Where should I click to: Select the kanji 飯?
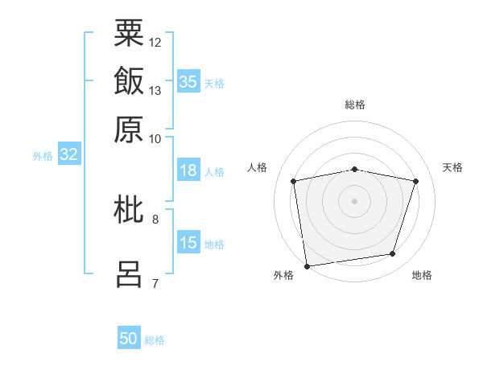point(129,81)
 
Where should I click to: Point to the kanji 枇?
point(129,210)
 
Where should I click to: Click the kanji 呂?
point(129,273)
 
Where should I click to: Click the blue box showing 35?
point(188,81)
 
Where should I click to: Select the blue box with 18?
point(188,171)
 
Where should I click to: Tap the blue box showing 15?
point(188,244)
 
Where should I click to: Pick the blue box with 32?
point(68,155)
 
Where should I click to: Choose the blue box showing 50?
point(129,339)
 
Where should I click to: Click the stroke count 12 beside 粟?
point(155,42)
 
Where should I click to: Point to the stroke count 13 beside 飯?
point(155,90)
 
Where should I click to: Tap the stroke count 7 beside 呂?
point(155,283)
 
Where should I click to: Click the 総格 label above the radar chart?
point(355,105)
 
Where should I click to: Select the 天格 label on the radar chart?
point(453,167)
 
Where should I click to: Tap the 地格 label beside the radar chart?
point(422,275)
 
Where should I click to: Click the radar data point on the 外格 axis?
point(307,265)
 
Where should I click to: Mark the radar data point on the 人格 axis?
point(294,181)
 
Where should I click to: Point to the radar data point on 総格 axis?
point(355,169)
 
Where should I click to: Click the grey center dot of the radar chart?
point(355,200)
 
